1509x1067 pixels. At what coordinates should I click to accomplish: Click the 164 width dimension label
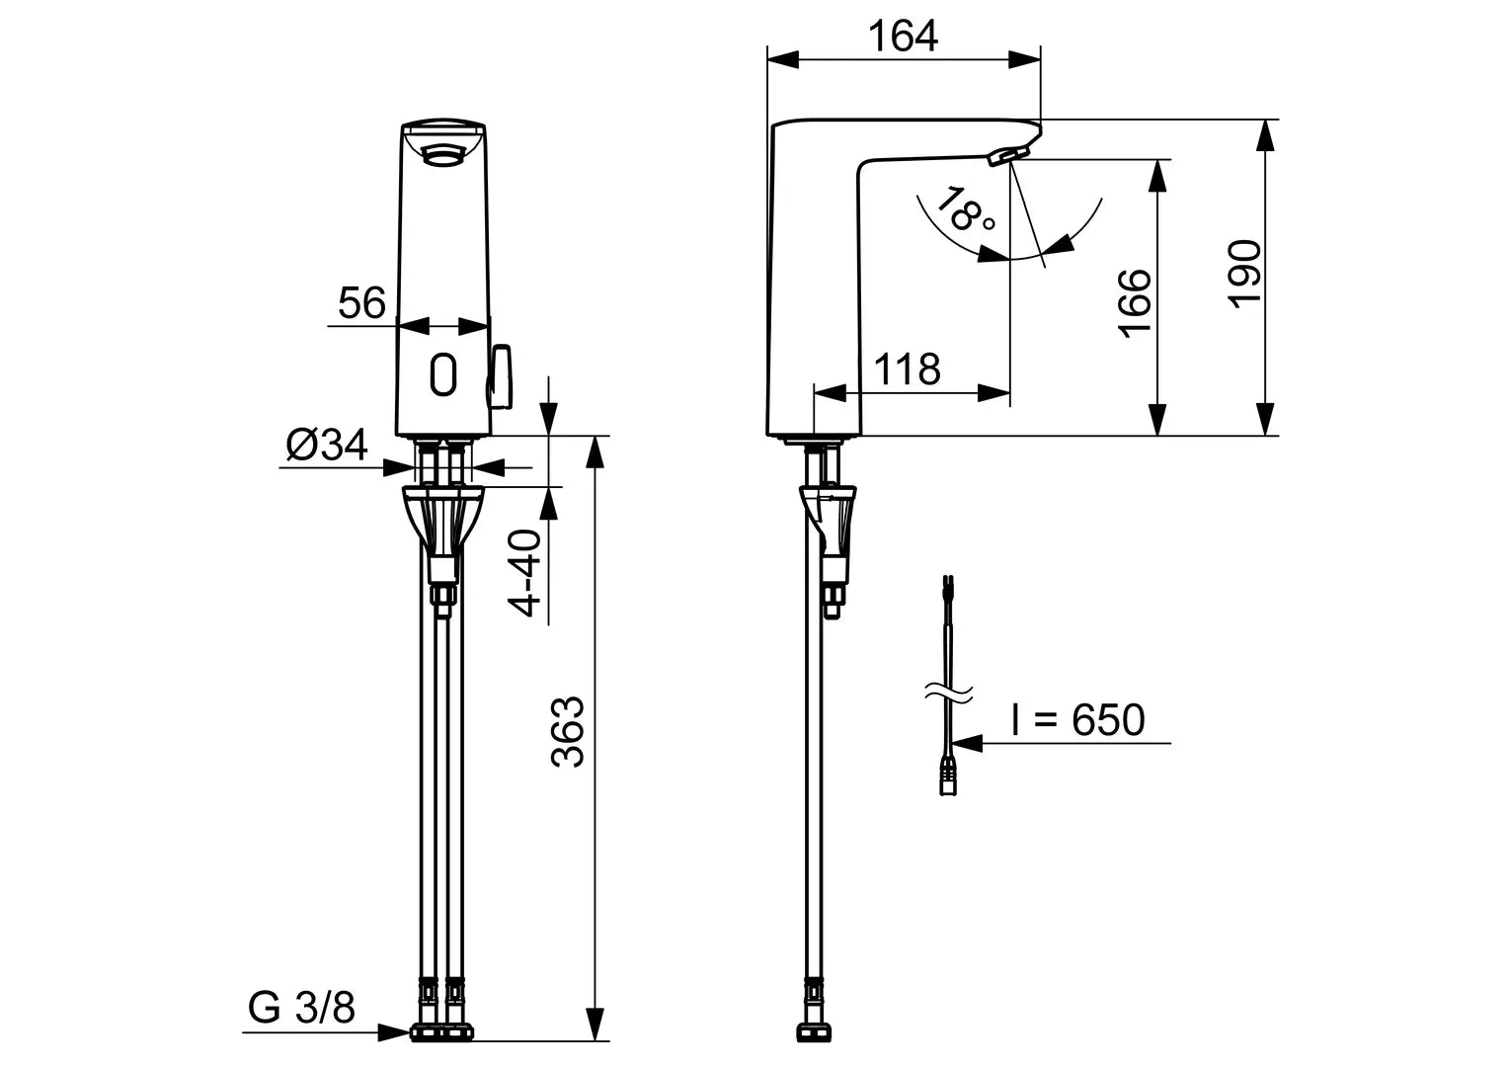(x=903, y=37)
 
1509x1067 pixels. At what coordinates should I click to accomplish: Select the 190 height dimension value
(x=1245, y=274)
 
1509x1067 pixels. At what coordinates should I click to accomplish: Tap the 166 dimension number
(x=1136, y=301)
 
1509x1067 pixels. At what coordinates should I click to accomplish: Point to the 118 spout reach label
(x=907, y=369)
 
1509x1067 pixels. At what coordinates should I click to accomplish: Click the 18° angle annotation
(x=965, y=210)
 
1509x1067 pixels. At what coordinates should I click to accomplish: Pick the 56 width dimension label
(x=361, y=303)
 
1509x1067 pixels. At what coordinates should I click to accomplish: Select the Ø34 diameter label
(x=327, y=446)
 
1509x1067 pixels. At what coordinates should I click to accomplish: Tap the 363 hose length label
(x=568, y=732)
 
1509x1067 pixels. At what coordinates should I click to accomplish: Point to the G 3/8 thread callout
(x=301, y=1009)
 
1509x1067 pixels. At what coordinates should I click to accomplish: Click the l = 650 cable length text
(x=1077, y=720)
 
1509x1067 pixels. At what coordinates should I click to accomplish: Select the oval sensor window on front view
(x=443, y=375)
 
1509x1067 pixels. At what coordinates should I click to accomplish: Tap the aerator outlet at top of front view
(x=442, y=153)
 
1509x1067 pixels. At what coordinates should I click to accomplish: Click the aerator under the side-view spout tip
(x=1007, y=155)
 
